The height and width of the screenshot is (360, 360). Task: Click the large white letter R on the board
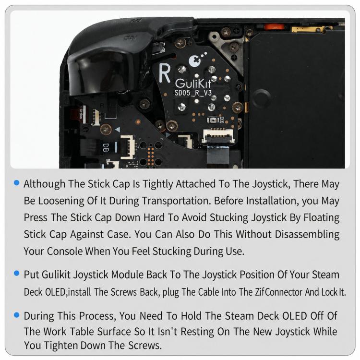[165, 73]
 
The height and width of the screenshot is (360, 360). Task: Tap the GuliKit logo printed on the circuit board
[193, 84]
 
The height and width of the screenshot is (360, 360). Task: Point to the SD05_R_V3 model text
[193, 93]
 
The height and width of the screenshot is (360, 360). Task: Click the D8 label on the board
[106, 147]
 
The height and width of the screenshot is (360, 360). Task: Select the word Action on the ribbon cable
[81, 114]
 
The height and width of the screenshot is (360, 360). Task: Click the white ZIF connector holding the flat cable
[218, 136]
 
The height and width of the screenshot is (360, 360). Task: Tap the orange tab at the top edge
[275, 27]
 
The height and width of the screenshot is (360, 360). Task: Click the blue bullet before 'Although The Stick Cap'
[16, 183]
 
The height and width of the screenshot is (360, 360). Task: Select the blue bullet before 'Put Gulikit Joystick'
[16, 273]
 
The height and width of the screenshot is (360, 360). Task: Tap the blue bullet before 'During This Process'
[16, 315]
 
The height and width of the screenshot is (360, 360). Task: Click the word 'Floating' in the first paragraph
[322, 217]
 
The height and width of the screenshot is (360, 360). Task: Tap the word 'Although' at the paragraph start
[45, 184]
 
